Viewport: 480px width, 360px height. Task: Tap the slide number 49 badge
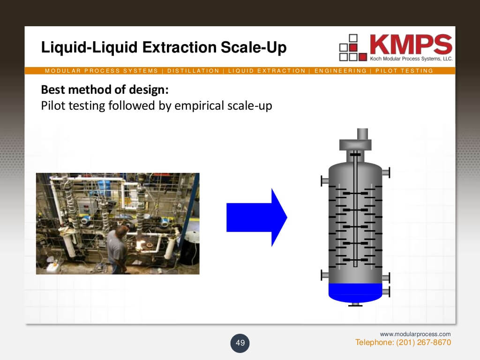pyautogui.click(x=240, y=343)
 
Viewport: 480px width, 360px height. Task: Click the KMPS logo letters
pyautogui.click(x=410, y=45)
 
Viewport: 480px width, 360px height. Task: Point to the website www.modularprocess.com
pyautogui.click(x=415, y=334)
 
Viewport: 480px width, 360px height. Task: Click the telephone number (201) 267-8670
pyautogui.click(x=424, y=343)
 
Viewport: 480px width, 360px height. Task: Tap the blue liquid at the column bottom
pyautogui.click(x=355, y=292)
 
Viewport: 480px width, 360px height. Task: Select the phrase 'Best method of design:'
pyautogui.click(x=105, y=89)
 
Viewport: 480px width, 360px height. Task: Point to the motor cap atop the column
pyautogui.click(x=355, y=143)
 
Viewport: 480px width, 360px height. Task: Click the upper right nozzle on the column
pyautogui.click(x=385, y=172)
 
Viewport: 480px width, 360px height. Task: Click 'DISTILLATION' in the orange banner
pyautogui.click(x=193, y=71)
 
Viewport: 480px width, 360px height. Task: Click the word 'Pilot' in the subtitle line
pyautogui.click(x=53, y=105)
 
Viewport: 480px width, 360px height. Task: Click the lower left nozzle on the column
pyautogui.click(x=325, y=274)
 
